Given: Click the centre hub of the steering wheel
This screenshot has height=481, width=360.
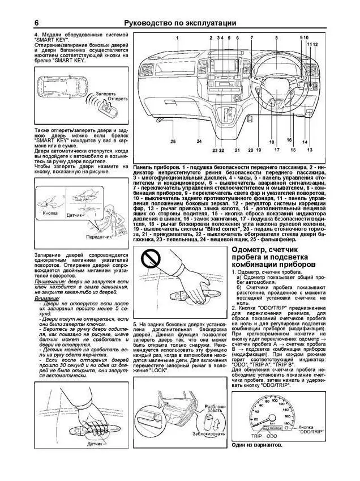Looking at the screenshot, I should [276, 85].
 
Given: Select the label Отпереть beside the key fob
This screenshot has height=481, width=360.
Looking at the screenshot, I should [117, 99].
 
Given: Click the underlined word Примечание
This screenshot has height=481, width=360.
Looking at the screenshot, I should [49, 282].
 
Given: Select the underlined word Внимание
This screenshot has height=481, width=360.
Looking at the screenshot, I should [47, 298].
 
